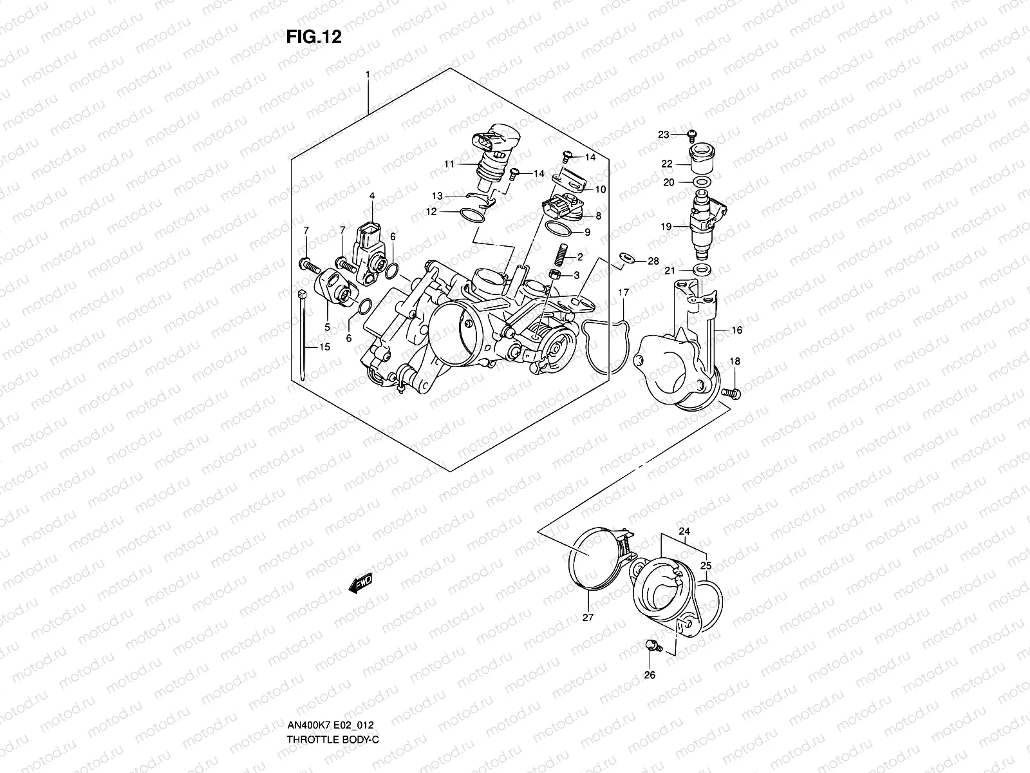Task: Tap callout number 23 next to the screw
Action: point(664,135)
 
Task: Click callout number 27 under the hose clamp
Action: point(588,617)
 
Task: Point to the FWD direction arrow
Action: point(360,584)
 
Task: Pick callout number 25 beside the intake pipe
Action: point(706,566)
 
